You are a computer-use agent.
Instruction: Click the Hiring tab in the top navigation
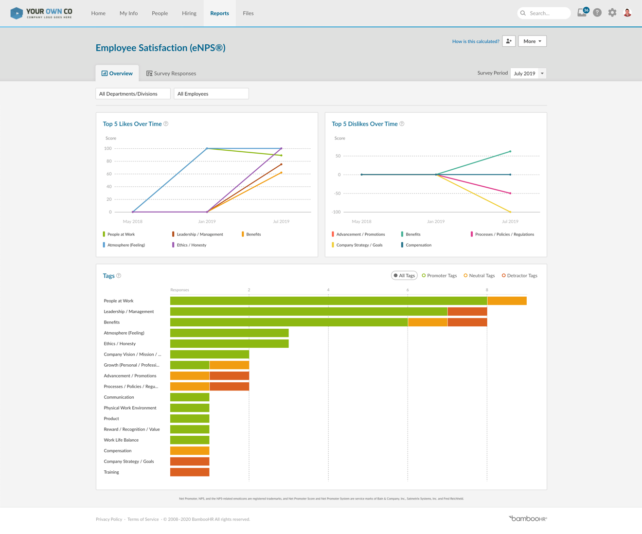click(x=189, y=13)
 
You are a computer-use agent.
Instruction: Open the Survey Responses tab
click(x=171, y=73)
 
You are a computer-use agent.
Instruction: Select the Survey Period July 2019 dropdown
click(x=528, y=73)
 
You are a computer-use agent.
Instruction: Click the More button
click(x=532, y=41)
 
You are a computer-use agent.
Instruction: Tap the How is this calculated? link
click(x=475, y=41)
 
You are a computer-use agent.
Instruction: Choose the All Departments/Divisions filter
click(x=133, y=94)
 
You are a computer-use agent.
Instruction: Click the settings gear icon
click(x=612, y=13)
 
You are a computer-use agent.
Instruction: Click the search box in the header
click(x=544, y=13)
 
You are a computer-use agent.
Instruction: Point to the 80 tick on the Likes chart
click(x=109, y=161)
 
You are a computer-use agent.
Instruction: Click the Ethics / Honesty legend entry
click(x=191, y=245)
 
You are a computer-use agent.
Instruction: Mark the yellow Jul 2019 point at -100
click(x=510, y=212)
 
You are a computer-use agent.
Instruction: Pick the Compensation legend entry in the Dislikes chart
click(x=418, y=245)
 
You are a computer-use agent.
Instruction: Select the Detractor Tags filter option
click(x=519, y=276)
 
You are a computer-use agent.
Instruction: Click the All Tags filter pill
click(x=404, y=276)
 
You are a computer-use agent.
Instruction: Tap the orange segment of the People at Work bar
click(x=507, y=301)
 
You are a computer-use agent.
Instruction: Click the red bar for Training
click(x=190, y=472)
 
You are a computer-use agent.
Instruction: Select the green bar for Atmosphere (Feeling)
click(x=229, y=333)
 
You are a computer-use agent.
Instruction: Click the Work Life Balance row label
click(x=121, y=440)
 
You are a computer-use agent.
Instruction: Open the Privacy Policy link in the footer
click(x=109, y=519)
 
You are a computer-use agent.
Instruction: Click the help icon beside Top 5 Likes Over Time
click(x=166, y=124)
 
